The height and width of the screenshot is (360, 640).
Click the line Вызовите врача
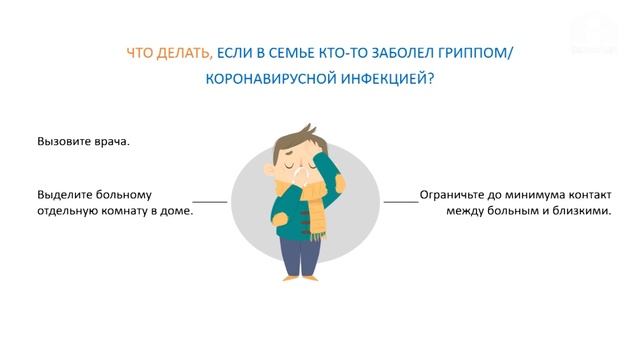83,141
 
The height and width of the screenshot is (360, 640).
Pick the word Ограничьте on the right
457,195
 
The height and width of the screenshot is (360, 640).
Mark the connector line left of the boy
210,202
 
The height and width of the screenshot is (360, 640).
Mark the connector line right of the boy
401,202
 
